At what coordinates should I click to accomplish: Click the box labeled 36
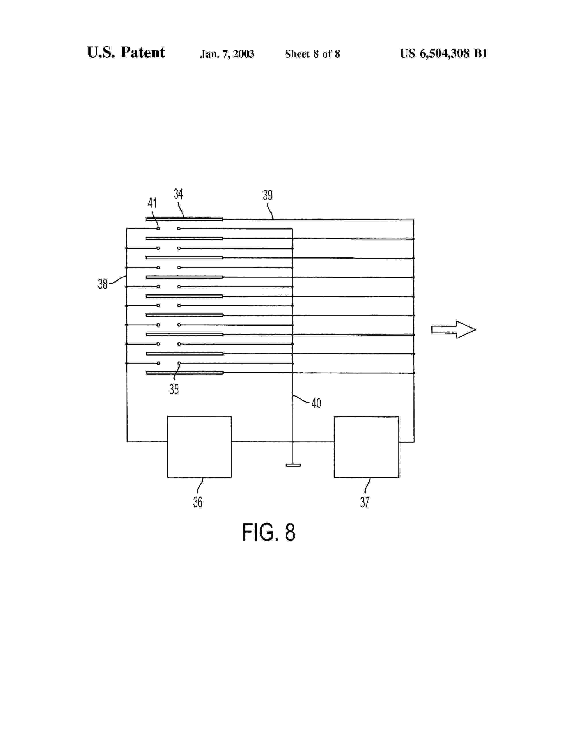(199, 447)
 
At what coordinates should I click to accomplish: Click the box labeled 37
(366, 447)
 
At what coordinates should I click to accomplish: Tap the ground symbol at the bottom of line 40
(293, 465)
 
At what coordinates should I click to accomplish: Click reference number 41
(152, 203)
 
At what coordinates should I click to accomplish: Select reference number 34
(178, 194)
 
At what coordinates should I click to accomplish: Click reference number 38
(102, 284)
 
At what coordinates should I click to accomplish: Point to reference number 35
(174, 389)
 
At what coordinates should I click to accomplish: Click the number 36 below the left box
(197, 502)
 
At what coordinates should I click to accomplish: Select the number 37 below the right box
(365, 502)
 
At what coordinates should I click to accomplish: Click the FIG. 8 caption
(269, 533)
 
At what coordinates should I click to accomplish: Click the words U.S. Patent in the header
(126, 52)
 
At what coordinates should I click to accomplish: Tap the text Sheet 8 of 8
(312, 54)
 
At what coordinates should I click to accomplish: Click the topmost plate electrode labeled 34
(184, 219)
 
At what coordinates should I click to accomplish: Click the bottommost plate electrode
(184, 373)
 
